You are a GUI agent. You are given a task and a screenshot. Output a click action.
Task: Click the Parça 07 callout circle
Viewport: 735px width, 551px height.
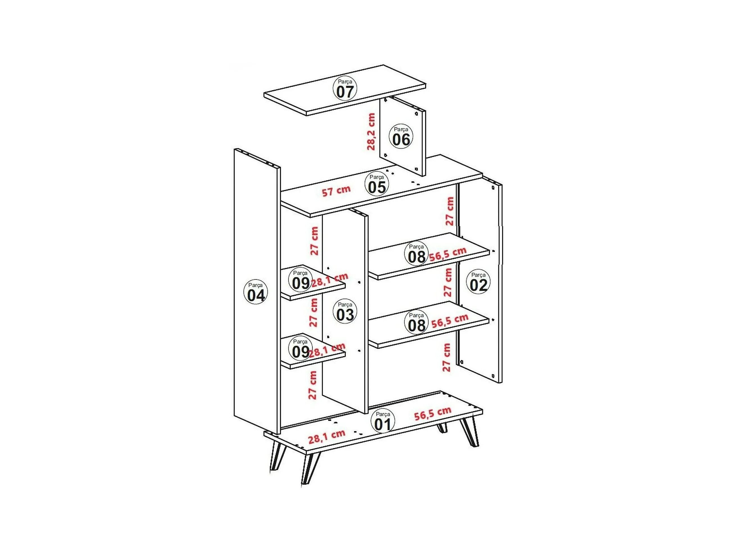click(x=345, y=88)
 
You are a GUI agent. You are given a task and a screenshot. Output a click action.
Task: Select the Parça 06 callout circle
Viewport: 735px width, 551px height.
click(x=401, y=136)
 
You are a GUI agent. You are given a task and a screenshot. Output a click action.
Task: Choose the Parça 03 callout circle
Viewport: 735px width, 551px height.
click(x=345, y=311)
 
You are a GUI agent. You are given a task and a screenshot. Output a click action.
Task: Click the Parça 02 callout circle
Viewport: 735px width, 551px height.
click(x=478, y=282)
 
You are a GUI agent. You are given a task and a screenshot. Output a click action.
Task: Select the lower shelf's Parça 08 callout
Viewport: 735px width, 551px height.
click(x=416, y=322)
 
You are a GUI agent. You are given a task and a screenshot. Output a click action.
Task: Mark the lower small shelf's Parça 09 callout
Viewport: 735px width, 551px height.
click(x=300, y=349)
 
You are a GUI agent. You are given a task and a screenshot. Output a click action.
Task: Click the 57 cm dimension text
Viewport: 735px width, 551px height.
click(x=336, y=191)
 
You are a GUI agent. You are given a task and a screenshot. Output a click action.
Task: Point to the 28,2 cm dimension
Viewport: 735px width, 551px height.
click(x=371, y=131)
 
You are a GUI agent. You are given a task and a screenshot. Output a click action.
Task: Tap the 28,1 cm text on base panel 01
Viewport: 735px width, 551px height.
click(x=327, y=437)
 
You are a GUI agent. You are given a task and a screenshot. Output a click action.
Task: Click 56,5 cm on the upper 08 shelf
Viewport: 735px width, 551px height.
click(x=448, y=254)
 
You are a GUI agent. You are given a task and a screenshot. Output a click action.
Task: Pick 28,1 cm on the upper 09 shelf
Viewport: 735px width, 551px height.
click(x=330, y=280)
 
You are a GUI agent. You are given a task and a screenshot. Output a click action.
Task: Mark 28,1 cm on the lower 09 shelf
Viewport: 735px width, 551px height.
click(x=327, y=350)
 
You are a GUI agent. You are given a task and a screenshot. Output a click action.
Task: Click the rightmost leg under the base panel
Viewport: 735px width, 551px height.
click(x=470, y=432)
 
